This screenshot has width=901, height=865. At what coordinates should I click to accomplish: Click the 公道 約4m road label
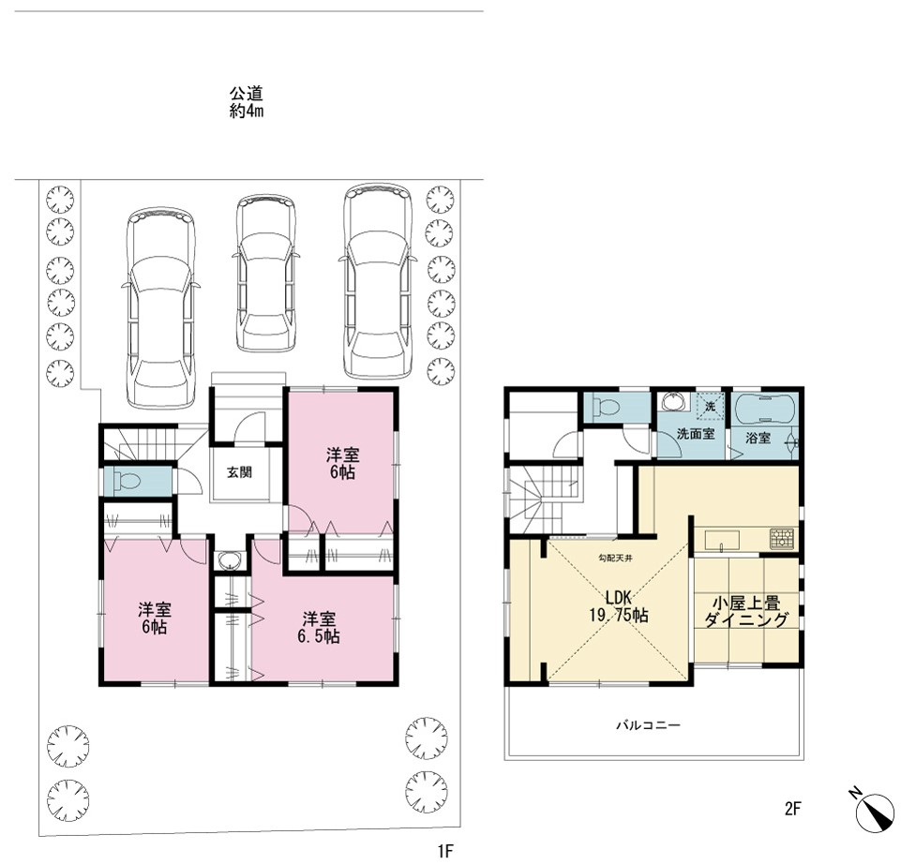coord(247,101)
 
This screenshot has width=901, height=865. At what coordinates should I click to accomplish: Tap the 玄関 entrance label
coord(239,472)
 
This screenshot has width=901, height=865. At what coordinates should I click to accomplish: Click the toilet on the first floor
coord(128,481)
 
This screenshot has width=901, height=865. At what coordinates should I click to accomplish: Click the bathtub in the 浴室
coord(765,409)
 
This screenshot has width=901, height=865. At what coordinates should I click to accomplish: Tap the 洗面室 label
coord(696,434)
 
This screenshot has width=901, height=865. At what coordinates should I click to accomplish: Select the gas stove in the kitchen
coord(782,538)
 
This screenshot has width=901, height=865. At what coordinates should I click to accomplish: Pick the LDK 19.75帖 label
coord(619,606)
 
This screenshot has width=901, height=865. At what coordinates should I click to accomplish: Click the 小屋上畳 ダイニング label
coord(746,611)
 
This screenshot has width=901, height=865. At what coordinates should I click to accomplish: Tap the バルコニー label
coord(648,725)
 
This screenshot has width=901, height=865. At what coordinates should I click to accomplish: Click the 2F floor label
coord(792,809)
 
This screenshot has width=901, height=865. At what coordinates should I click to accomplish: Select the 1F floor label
coord(445,851)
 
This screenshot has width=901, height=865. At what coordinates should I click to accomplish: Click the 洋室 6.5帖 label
coord(320,627)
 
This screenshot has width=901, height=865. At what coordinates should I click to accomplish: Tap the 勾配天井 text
coord(615,558)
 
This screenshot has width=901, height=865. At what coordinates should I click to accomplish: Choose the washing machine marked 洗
coord(711,407)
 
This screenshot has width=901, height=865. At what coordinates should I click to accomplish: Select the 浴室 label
coord(758,438)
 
